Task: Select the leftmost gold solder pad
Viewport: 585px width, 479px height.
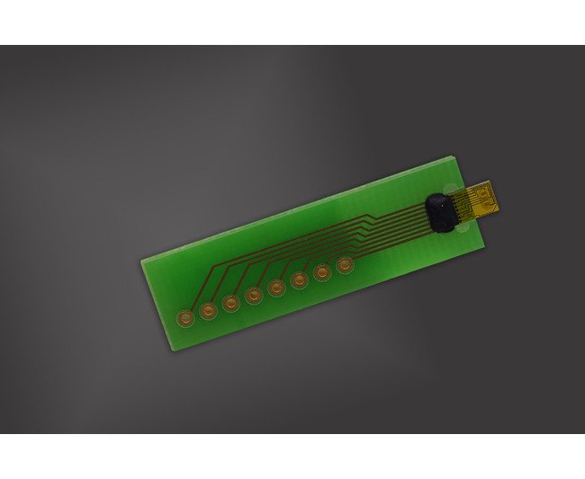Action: coord(185,317)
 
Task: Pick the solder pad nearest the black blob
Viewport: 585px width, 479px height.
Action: coord(345,266)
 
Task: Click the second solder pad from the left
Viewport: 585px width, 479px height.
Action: coord(208,310)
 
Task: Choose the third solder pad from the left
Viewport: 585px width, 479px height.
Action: coord(231,303)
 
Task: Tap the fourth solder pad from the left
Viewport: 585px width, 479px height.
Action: coord(254,296)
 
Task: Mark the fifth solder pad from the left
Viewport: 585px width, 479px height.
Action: coord(276,288)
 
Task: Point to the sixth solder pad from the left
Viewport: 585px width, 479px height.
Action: coord(299,280)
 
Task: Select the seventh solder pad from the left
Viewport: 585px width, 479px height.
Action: coord(322,273)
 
